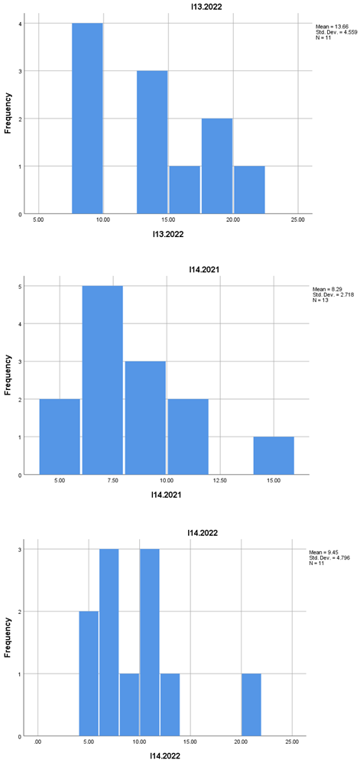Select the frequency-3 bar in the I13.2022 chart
click(152, 142)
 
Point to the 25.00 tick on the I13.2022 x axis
click(298, 219)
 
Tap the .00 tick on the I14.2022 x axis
click(37, 742)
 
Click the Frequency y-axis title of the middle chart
click(8, 377)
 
